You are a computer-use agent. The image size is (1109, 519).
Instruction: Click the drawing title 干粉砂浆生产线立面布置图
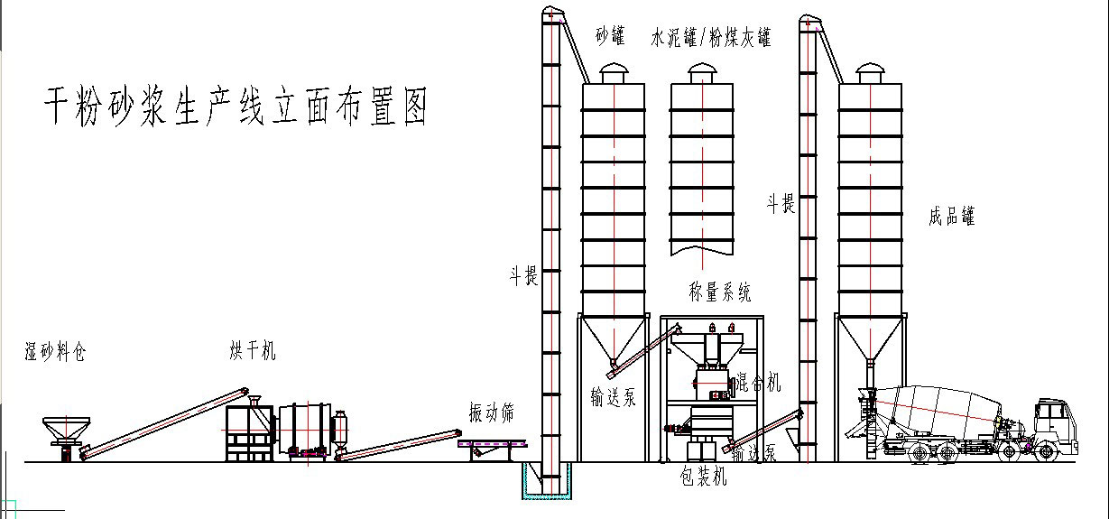click(236, 107)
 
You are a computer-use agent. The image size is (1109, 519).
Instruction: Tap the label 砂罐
click(610, 37)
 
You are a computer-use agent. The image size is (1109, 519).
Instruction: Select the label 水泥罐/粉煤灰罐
click(711, 38)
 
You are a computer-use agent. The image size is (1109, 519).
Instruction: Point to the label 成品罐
click(951, 217)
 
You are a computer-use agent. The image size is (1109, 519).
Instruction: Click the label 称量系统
click(719, 292)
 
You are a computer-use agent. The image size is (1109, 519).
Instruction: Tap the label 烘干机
click(253, 352)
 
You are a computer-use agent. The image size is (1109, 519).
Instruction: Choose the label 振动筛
click(492, 413)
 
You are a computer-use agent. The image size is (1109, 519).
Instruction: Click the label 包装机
click(703, 477)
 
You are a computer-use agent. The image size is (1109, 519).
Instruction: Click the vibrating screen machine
click(493, 445)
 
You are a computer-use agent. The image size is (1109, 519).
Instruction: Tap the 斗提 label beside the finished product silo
click(781, 205)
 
